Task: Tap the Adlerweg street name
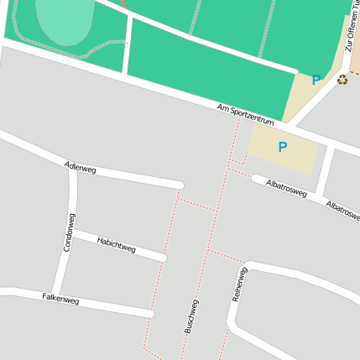[81, 168]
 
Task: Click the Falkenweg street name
[60, 298]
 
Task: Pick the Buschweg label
[191, 316]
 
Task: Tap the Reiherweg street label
[238, 284]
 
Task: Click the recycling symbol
[342, 80]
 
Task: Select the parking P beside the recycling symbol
[316, 81]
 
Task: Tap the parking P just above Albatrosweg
[283, 147]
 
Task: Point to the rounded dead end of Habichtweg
[163, 257]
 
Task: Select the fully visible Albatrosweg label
[285, 189]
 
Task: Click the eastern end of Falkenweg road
[152, 314]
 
